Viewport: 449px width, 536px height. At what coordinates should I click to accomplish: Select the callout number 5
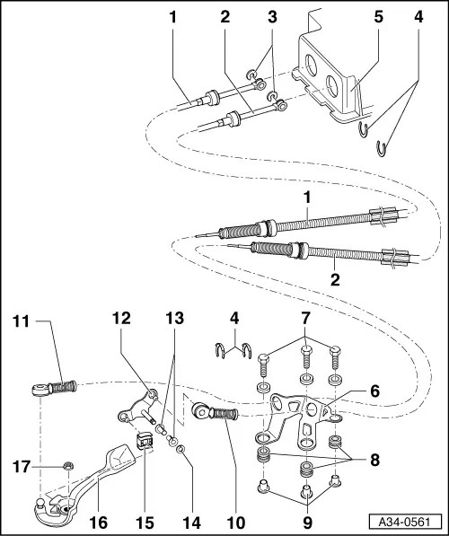coord(353,17)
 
